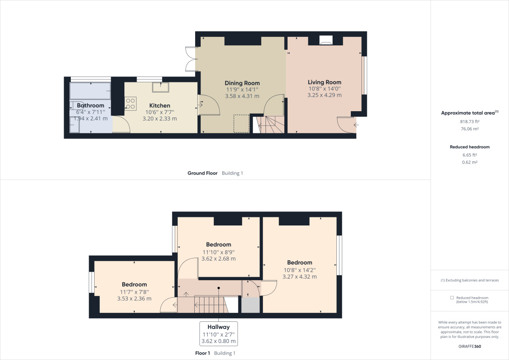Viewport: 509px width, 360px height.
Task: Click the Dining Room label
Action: tap(242, 83)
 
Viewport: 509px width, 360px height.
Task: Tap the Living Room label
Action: tap(324, 82)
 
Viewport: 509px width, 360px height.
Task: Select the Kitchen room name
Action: tap(159, 105)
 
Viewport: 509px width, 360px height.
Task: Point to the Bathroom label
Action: tap(90, 105)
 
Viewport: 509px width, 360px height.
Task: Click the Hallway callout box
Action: tap(218, 334)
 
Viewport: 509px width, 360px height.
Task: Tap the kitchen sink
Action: tap(161, 87)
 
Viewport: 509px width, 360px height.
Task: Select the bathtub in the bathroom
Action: tap(90, 90)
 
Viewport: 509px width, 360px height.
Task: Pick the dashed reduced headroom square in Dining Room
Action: tap(242, 124)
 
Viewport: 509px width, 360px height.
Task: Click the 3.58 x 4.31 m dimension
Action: tap(242, 96)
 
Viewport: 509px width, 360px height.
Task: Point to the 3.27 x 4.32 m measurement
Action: tap(299, 277)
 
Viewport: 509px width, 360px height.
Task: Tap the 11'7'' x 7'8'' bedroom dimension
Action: tap(134, 292)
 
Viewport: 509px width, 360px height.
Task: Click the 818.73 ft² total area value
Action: tap(470, 121)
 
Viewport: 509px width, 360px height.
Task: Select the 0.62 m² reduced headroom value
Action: tap(470, 162)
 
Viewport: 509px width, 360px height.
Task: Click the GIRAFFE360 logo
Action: tap(470, 346)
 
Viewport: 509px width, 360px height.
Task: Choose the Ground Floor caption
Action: tap(202, 173)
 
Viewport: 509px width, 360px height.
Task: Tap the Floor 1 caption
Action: tap(202, 353)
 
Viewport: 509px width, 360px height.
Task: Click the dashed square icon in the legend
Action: tap(452, 298)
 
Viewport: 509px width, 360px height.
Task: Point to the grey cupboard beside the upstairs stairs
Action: tap(250, 305)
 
